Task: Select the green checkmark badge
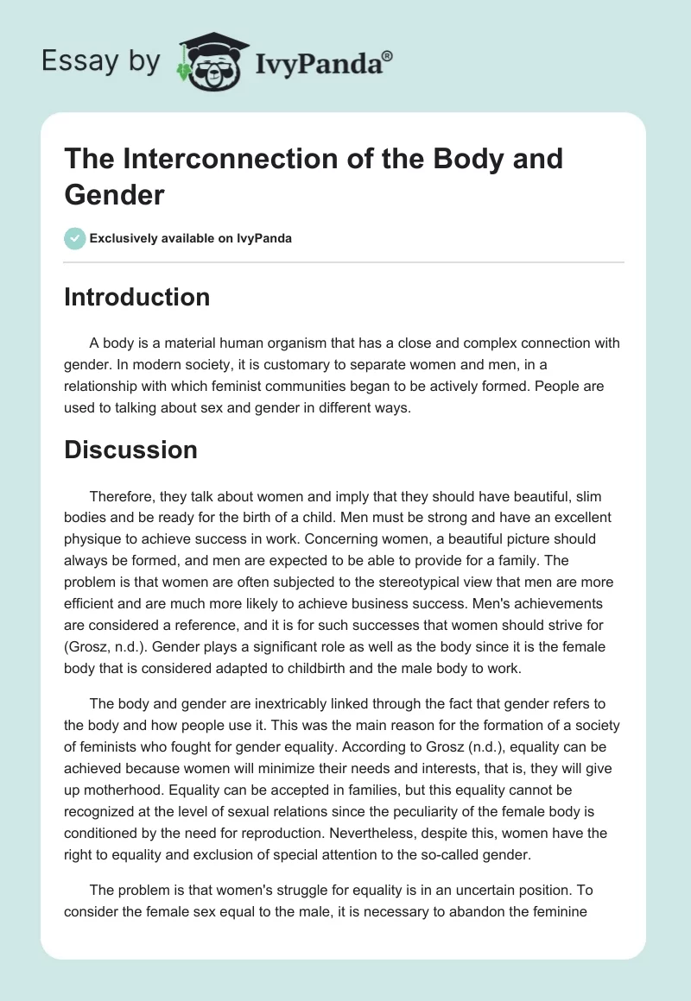pyautogui.click(x=74, y=238)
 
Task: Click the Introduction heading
pyautogui.click(x=137, y=297)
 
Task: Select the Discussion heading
pyautogui.click(x=130, y=450)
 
